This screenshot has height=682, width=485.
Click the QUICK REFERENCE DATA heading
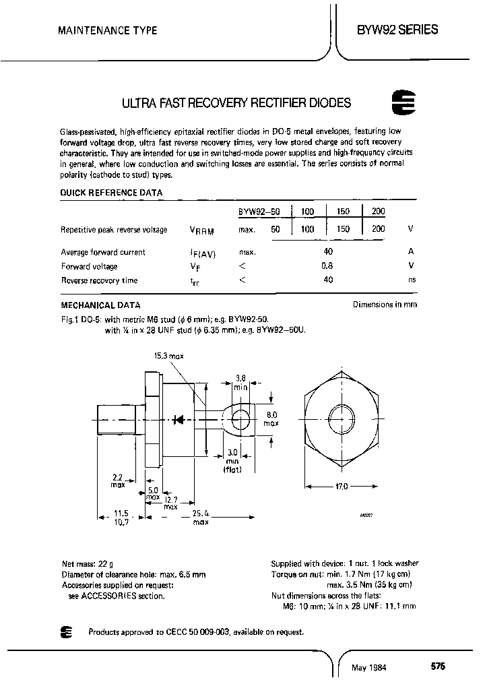click(x=111, y=192)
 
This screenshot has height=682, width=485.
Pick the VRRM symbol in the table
click(x=201, y=230)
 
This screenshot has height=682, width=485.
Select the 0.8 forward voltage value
click(x=327, y=266)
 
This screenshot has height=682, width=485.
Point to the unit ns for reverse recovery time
click(x=412, y=280)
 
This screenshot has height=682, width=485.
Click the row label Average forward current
click(x=103, y=252)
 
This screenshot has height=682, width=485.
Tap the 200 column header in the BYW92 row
click(x=379, y=212)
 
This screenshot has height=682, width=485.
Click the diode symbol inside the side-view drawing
click(x=179, y=419)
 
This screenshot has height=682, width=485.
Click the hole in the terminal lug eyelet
click(x=239, y=420)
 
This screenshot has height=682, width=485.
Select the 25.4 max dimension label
click(x=200, y=517)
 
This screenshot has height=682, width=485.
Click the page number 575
click(x=437, y=666)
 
